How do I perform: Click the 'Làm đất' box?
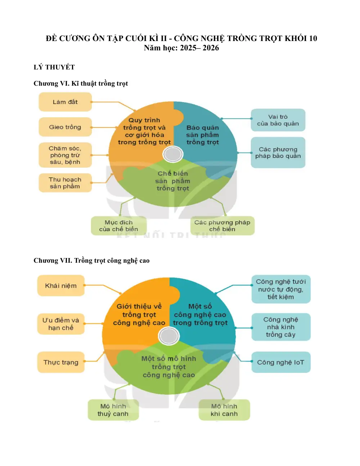click(x=65, y=102)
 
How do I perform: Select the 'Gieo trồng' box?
click(x=65, y=127)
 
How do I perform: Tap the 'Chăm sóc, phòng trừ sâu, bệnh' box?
click(x=65, y=155)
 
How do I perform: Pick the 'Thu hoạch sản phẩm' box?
click(x=65, y=183)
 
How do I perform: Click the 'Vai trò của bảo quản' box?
click(x=278, y=120)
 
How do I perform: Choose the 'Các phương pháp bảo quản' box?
click(x=278, y=153)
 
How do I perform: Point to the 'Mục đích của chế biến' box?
click(x=119, y=226)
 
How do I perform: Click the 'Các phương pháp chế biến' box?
click(x=222, y=226)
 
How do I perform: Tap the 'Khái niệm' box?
click(x=61, y=285)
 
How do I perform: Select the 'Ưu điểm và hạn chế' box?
click(x=61, y=324)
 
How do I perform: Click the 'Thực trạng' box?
click(x=61, y=362)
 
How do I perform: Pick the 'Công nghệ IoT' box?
click(x=281, y=362)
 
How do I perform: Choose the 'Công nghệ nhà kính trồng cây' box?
click(x=281, y=327)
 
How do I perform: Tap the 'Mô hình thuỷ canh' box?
click(x=113, y=410)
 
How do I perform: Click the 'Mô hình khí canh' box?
click(x=224, y=410)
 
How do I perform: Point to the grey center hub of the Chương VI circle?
click(x=173, y=154)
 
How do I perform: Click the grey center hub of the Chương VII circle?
click(x=168, y=336)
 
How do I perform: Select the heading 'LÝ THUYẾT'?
click(x=54, y=67)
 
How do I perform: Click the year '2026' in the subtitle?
click(x=211, y=48)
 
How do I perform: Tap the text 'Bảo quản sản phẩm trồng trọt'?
click(x=203, y=135)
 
